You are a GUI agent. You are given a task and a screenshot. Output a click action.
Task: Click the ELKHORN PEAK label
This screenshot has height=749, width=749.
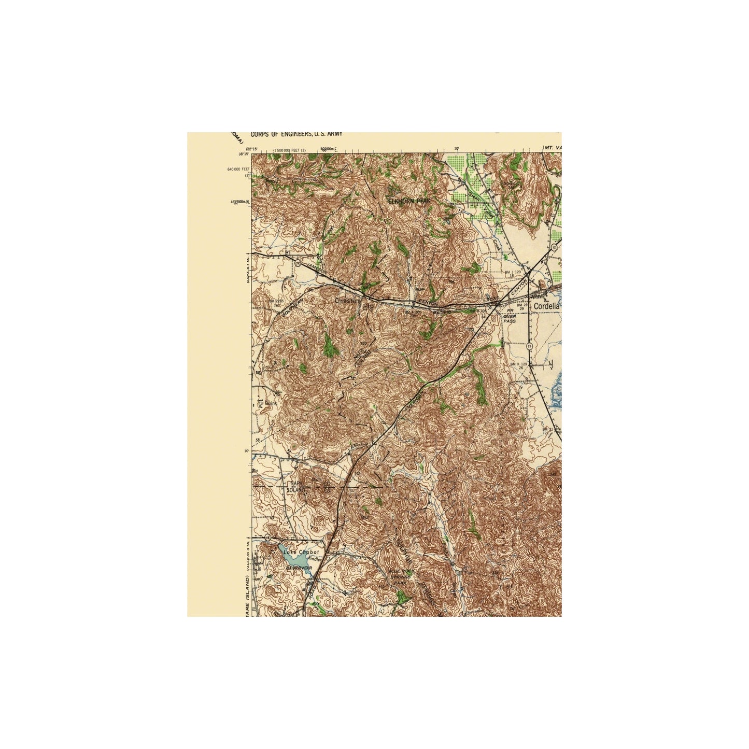tap(409, 201)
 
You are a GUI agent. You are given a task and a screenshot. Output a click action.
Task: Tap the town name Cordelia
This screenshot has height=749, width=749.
tap(547, 306)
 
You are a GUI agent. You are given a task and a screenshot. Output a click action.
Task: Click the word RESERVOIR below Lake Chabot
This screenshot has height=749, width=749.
tap(299, 568)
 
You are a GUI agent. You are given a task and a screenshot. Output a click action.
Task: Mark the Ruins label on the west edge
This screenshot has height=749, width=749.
tap(271, 403)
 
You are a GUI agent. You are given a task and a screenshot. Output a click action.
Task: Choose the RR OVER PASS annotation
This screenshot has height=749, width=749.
tap(509, 317)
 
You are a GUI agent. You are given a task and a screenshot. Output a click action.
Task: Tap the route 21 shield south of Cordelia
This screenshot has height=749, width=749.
tap(528, 345)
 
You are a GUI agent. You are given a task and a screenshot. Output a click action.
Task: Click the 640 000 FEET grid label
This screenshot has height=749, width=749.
tap(239, 169)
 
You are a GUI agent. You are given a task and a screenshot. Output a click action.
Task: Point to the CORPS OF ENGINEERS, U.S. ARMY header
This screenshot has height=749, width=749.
tap(296, 134)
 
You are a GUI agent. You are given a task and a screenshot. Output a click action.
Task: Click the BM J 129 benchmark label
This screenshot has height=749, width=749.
tap(514, 272)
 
